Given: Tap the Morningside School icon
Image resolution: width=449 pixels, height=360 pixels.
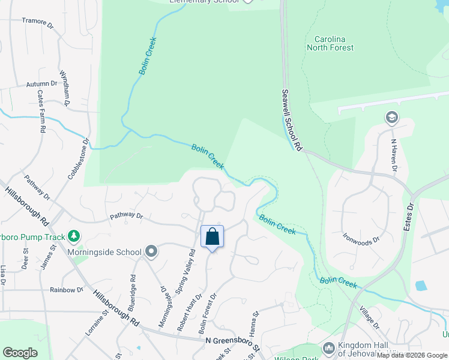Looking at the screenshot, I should click(151, 252).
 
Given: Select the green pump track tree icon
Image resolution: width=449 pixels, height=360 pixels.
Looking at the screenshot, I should click(74, 236).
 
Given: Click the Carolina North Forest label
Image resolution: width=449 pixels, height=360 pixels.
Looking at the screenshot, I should click(330, 43).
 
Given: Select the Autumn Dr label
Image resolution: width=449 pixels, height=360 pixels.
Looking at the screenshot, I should click(41, 85).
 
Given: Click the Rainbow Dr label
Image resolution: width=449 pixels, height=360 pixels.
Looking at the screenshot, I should click(67, 290).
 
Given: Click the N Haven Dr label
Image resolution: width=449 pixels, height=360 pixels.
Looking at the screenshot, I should click(394, 155).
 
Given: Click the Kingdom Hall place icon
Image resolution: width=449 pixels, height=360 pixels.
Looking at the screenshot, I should click(328, 348).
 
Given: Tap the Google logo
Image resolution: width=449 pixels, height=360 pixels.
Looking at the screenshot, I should click(20, 353).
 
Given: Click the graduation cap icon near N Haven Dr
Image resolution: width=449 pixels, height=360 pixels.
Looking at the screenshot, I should click(392, 117).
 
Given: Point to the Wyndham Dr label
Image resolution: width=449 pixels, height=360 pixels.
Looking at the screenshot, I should click(65, 93).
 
